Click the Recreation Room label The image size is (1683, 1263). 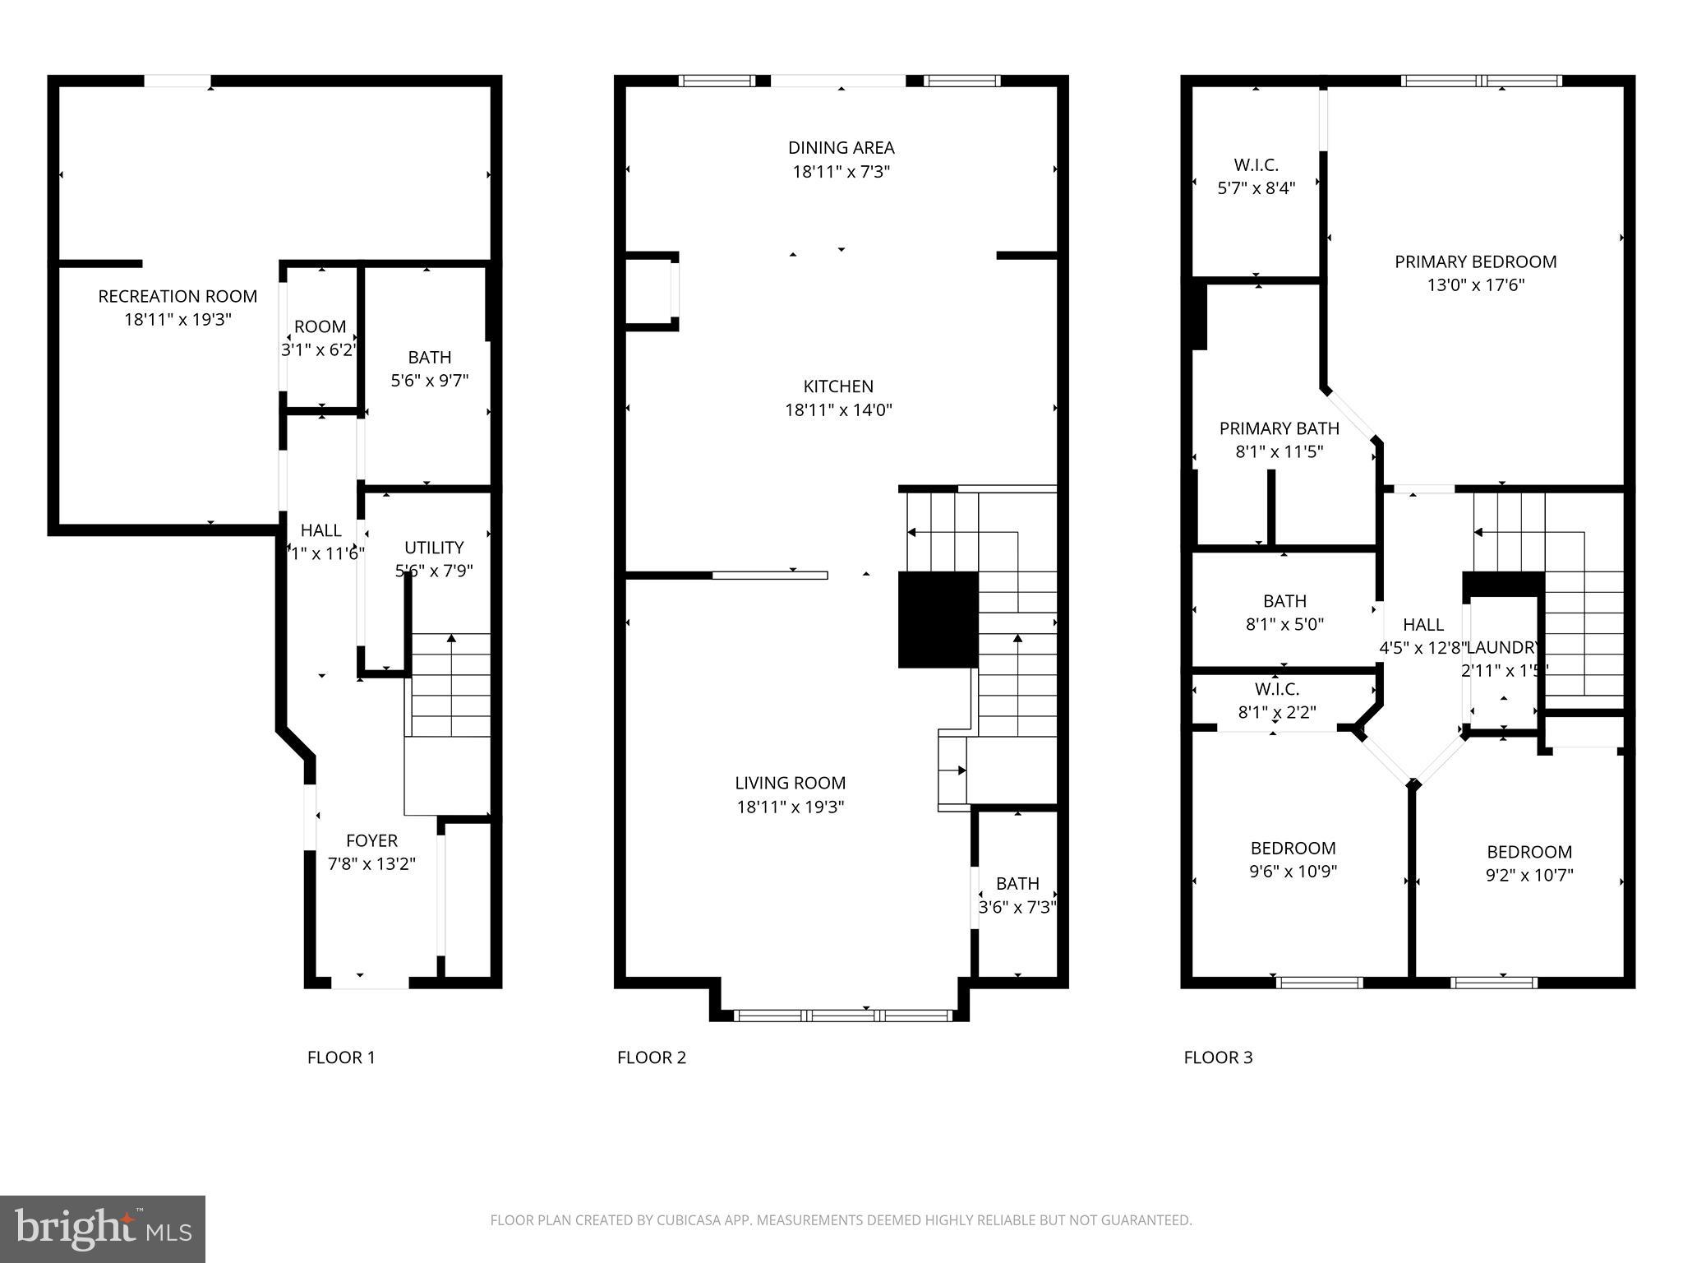tap(178, 296)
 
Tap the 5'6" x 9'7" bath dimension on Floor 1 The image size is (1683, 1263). tap(429, 381)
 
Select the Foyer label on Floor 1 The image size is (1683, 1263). tap(371, 840)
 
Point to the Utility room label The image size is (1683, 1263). tap(434, 548)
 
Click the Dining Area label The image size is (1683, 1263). tap(841, 148)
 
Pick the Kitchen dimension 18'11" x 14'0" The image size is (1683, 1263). tap(838, 409)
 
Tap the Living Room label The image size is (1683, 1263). tap(790, 783)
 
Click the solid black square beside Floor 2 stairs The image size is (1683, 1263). tap(938, 620)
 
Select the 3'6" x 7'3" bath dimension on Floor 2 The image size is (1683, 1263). tap(1017, 907)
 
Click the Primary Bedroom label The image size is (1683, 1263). tap(1475, 261)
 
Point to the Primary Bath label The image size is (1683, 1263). tap(1279, 428)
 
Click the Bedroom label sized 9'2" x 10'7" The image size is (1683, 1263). tap(1529, 852)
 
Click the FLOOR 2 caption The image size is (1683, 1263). tap(651, 1057)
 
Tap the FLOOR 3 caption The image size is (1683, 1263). tap(1218, 1057)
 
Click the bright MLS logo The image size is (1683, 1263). tap(102, 1228)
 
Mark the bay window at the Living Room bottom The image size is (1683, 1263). tap(842, 1015)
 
